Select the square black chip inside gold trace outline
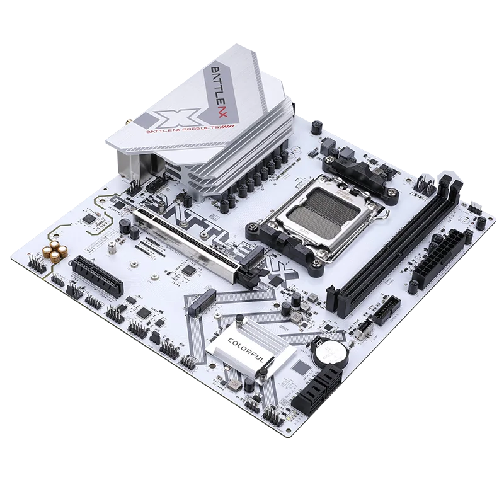(91, 219)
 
